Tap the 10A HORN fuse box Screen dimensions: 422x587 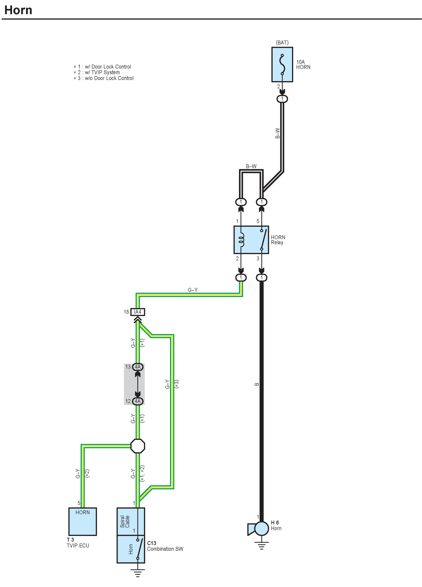point(282,64)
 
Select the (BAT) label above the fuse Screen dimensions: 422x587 point(282,42)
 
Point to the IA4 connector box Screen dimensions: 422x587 point(138,312)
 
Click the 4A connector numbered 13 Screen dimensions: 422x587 point(138,367)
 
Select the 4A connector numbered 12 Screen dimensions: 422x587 point(138,401)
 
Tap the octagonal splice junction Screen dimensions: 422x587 point(138,446)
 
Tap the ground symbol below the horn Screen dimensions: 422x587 point(261,545)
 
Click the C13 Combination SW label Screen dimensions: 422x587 point(165,546)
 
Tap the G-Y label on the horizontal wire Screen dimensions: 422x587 point(193,290)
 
